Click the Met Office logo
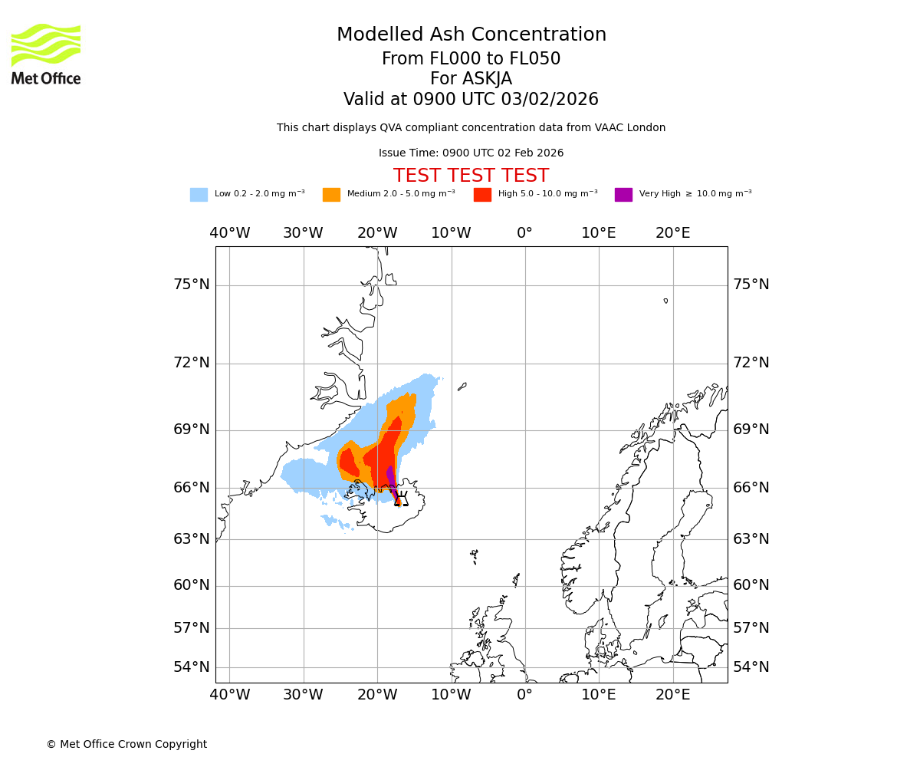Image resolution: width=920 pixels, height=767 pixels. (46, 54)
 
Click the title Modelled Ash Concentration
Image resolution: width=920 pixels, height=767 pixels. (472, 35)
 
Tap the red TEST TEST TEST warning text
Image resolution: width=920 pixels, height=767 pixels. (471, 176)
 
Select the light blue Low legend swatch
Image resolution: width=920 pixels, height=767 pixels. (199, 195)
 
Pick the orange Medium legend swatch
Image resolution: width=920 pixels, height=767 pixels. (331, 195)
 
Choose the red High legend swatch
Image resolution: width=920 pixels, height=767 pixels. (482, 195)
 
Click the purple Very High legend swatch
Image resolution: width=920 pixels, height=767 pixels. (623, 195)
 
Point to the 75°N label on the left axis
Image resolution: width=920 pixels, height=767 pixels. (192, 285)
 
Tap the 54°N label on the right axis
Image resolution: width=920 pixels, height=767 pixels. (751, 667)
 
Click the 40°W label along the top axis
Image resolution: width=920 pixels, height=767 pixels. (230, 233)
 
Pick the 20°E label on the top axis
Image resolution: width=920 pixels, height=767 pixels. (672, 233)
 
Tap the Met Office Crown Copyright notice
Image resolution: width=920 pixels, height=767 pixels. (127, 745)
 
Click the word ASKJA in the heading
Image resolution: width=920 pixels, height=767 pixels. (488, 79)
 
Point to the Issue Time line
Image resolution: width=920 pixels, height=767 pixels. (471, 153)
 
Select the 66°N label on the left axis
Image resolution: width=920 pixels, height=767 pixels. (192, 488)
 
